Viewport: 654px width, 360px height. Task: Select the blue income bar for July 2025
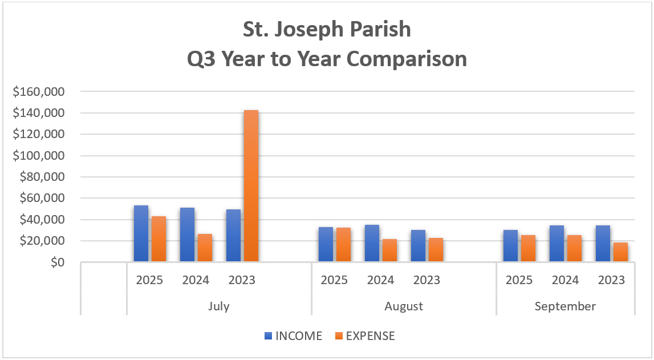click(141, 234)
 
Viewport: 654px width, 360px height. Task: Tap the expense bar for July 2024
click(205, 248)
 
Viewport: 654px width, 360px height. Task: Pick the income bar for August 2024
click(372, 244)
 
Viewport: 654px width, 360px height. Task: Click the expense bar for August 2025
click(343, 245)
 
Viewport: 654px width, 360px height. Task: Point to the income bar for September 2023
click(603, 244)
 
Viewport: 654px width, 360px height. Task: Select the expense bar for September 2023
click(620, 252)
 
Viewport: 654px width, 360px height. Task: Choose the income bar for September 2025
click(510, 246)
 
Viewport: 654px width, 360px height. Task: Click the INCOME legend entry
click(293, 335)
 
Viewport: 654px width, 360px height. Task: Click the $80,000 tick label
click(43, 177)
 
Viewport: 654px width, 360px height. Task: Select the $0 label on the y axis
click(55, 262)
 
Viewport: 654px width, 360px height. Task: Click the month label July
click(219, 306)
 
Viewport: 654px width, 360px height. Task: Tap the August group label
click(404, 306)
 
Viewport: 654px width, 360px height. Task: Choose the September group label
click(565, 306)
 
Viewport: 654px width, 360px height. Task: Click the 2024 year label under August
click(380, 280)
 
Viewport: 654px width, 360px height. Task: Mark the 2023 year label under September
click(611, 280)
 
